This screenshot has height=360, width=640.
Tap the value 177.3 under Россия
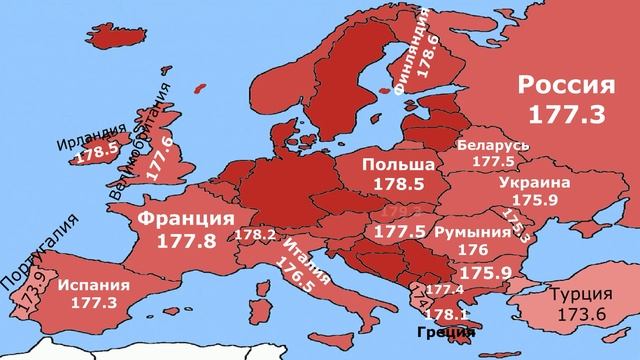point(567,116)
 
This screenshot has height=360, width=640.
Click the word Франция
point(186,219)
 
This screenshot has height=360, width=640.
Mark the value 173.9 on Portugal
point(29,293)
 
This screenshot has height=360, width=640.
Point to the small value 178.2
point(255,235)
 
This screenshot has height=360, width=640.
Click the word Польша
point(398,164)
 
